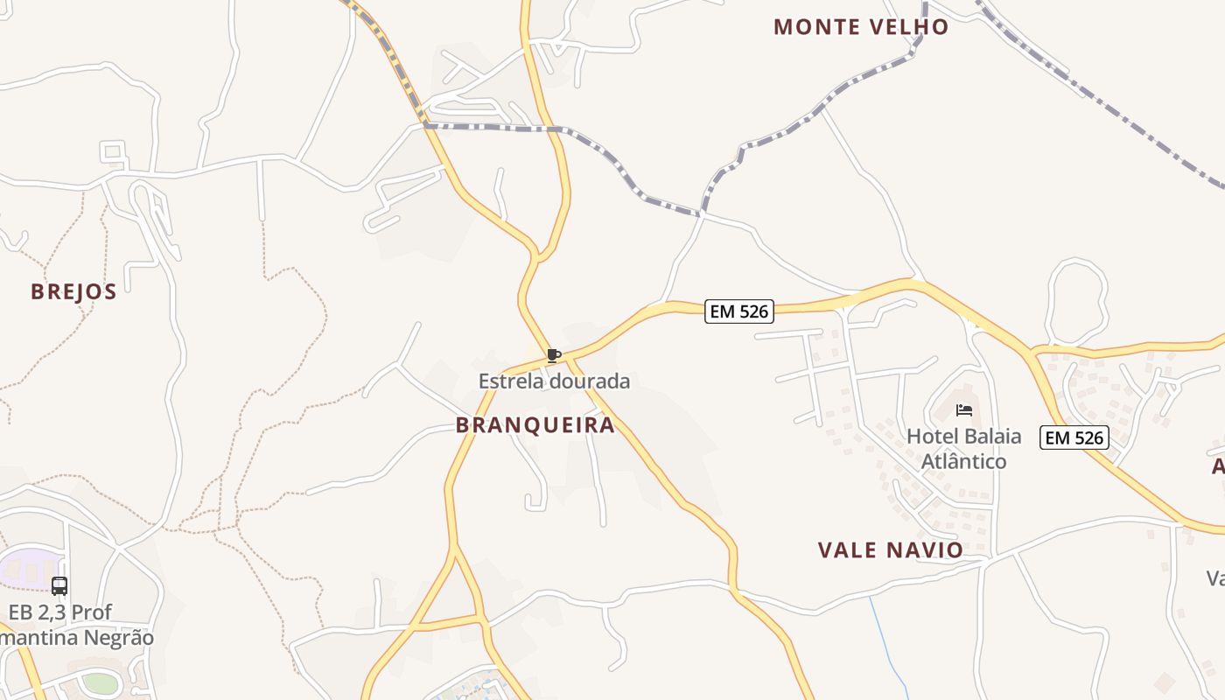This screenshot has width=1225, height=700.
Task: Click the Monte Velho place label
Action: point(861,27)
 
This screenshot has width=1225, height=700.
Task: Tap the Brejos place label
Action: point(73,291)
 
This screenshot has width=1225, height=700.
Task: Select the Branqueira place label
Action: point(535,425)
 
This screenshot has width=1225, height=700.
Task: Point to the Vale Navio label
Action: point(890,550)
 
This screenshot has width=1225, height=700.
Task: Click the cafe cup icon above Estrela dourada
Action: point(553,355)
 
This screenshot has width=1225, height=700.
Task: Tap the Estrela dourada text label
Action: point(554,381)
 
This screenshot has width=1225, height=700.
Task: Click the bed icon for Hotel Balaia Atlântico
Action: point(964,409)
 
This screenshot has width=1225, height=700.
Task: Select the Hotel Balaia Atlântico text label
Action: point(963,448)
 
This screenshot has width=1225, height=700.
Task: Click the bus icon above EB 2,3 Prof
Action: point(59,586)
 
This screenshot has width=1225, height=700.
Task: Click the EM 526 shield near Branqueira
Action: point(738,311)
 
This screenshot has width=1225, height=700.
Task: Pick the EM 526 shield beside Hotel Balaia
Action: point(1074,437)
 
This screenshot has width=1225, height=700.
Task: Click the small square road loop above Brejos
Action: point(112,152)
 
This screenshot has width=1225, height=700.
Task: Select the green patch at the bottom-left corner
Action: point(100,682)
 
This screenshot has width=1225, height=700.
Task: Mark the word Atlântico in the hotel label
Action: point(963,461)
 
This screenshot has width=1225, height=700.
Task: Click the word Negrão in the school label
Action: point(118,638)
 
